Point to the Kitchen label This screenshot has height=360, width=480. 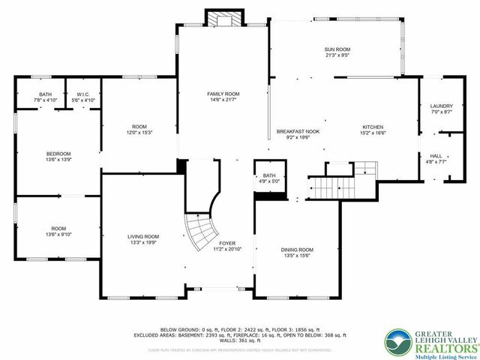tap(373, 127)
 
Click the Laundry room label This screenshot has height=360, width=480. tap(441, 106)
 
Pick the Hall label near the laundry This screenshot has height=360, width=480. tap(435, 155)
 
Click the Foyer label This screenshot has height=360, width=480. tap(227, 243)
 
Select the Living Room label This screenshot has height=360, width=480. tap(142, 236)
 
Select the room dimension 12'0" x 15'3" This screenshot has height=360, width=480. tap(139, 133)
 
